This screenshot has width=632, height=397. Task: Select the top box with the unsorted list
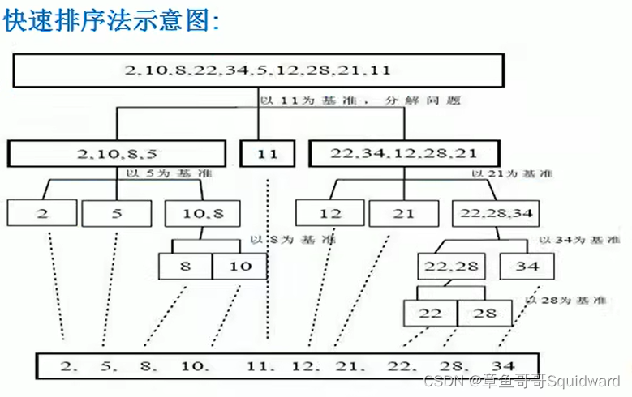[258, 70]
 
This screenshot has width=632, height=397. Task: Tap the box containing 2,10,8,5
[116, 152]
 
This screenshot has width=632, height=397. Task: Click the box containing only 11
[268, 152]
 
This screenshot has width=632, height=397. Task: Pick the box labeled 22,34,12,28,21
[404, 152]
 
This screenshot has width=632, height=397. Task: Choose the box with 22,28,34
[497, 213]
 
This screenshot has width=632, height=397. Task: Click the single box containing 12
[329, 213]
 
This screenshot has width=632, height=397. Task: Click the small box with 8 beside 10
[185, 266]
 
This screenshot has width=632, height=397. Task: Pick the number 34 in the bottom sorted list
[503, 365]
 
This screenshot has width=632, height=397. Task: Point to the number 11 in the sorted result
[256, 365]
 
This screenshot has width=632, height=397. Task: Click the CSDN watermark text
[522, 381]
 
